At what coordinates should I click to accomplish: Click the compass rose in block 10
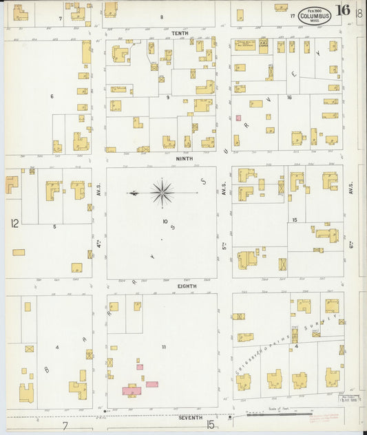[162, 193]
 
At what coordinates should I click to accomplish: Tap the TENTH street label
[180, 32]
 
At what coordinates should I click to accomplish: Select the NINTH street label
[183, 158]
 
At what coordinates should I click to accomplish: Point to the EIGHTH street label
[187, 286]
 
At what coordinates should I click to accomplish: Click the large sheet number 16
[342, 11]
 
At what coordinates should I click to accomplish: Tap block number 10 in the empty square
[165, 221]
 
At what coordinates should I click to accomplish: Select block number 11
[163, 347]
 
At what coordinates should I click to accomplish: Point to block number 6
[51, 96]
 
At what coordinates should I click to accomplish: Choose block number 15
[294, 220]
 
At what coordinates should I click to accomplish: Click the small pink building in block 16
[239, 118]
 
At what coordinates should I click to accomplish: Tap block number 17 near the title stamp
[292, 15]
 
